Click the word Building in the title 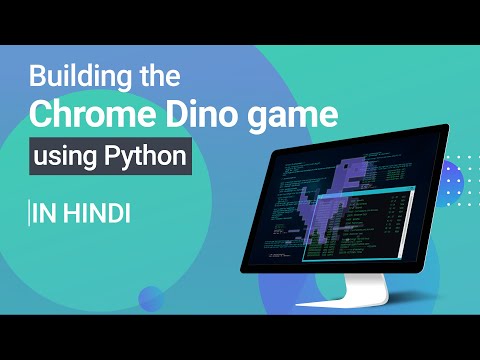coord(79,75)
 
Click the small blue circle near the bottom coord(151,297)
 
